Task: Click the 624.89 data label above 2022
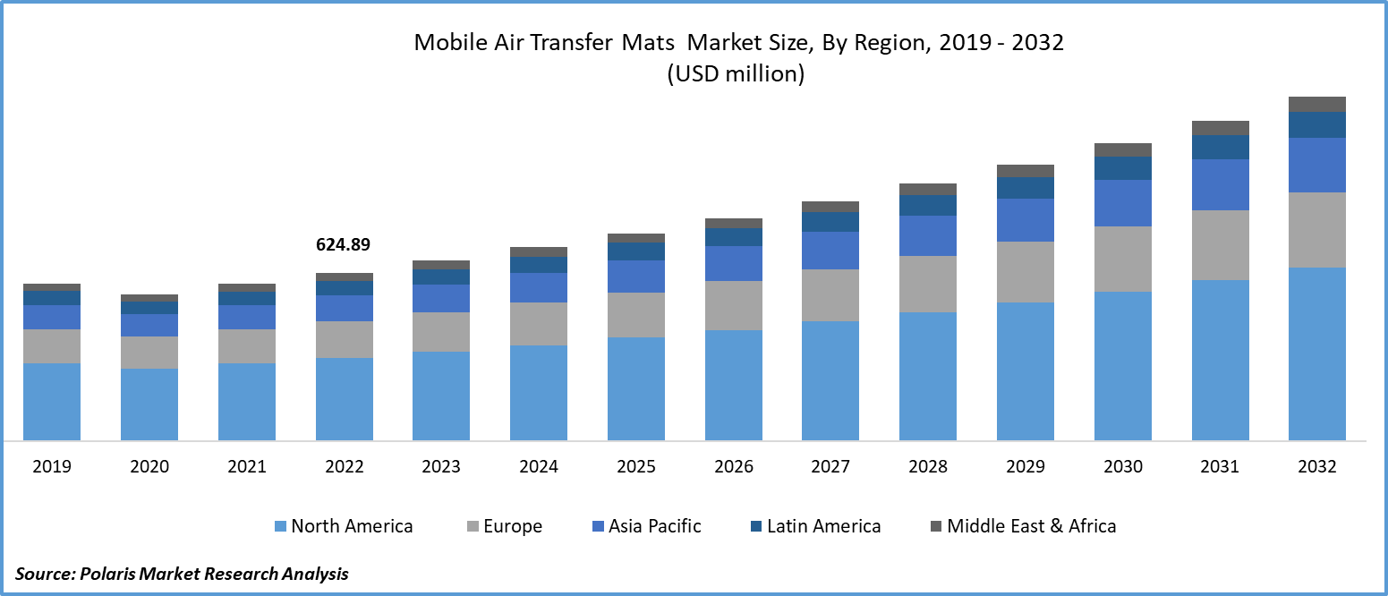click(343, 244)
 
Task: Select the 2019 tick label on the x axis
click(51, 466)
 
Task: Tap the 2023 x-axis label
click(441, 466)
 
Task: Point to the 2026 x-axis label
click(734, 466)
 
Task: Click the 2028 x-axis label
click(928, 466)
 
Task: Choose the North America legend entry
click(352, 526)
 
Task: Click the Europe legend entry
click(513, 526)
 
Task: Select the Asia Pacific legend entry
click(654, 526)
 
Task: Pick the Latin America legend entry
click(823, 526)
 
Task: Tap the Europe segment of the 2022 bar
click(345, 339)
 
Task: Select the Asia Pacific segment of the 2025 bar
click(636, 277)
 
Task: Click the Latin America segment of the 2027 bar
click(830, 222)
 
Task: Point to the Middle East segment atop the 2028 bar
click(928, 189)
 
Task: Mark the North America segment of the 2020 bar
click(149, 404)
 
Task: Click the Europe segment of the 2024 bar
click(539, 323)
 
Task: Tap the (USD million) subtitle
click(736, 74)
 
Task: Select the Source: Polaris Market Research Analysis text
click(182, 574)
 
